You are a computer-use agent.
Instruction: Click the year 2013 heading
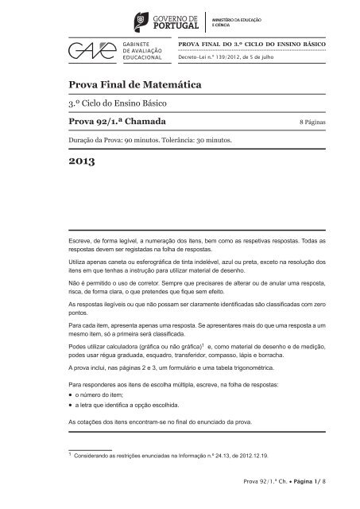81,164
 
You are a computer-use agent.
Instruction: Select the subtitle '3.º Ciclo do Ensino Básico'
122,104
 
